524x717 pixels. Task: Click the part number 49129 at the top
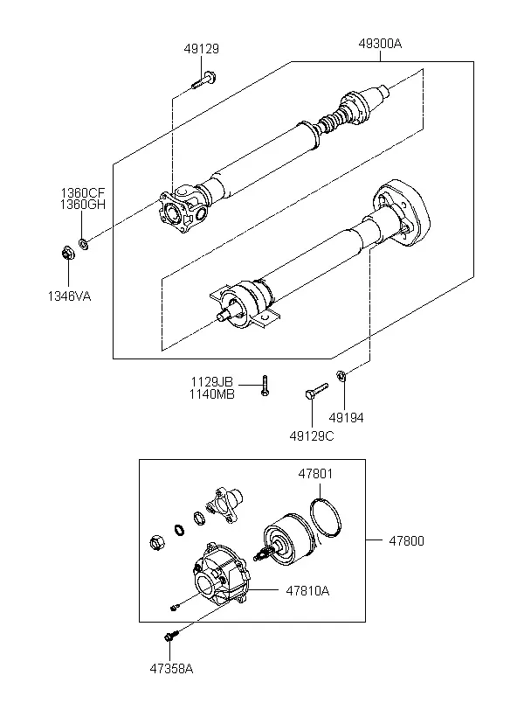click(x=202, y=48)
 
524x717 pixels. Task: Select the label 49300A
click(x=380, y=44)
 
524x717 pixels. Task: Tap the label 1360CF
click(x=83, y=192)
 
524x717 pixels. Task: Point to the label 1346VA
click(x=70, y=296)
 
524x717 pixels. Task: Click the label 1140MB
click(x=212, y=394)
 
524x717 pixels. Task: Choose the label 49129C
click(x=312, y=436)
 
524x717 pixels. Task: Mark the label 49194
click(x=347, y=417)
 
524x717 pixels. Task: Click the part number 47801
click(x=315, y=474)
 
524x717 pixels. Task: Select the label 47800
click(x=407, y=541)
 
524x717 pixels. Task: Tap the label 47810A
click(x=307, y=591)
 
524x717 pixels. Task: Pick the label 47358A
click(x=171, y=669)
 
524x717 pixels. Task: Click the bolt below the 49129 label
click(x=203, y=80)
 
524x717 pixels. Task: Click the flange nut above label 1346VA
click(x=68, y=253)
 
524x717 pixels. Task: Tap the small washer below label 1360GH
click(x=84, y=244)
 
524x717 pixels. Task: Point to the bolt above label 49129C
click(x=316, y=392)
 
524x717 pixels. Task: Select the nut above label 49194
click(x=341, y=376)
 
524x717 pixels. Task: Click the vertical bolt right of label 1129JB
click(x=265, y=385)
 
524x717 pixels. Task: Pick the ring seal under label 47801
click(x=325, y=518)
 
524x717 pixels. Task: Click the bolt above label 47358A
click(x=171, y=635)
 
